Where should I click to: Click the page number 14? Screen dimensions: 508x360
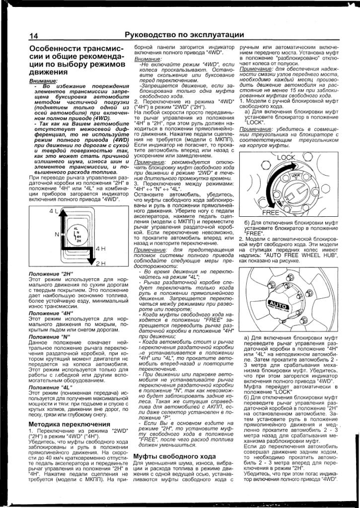coord(34,36)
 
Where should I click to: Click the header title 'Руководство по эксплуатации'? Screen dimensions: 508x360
coord(184,35)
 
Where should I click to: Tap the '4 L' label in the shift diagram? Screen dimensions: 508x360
coord(53,211)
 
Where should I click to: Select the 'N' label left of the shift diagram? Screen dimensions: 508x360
coord(57,234)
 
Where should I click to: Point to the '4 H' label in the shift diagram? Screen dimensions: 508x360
coord(100,248)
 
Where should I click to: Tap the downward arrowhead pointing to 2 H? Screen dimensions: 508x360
coord(89,263)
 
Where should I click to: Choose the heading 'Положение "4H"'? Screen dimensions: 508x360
coord(51,313)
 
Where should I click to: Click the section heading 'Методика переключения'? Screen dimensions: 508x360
coord(69,424)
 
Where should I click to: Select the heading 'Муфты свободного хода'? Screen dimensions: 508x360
coord(174,456)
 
